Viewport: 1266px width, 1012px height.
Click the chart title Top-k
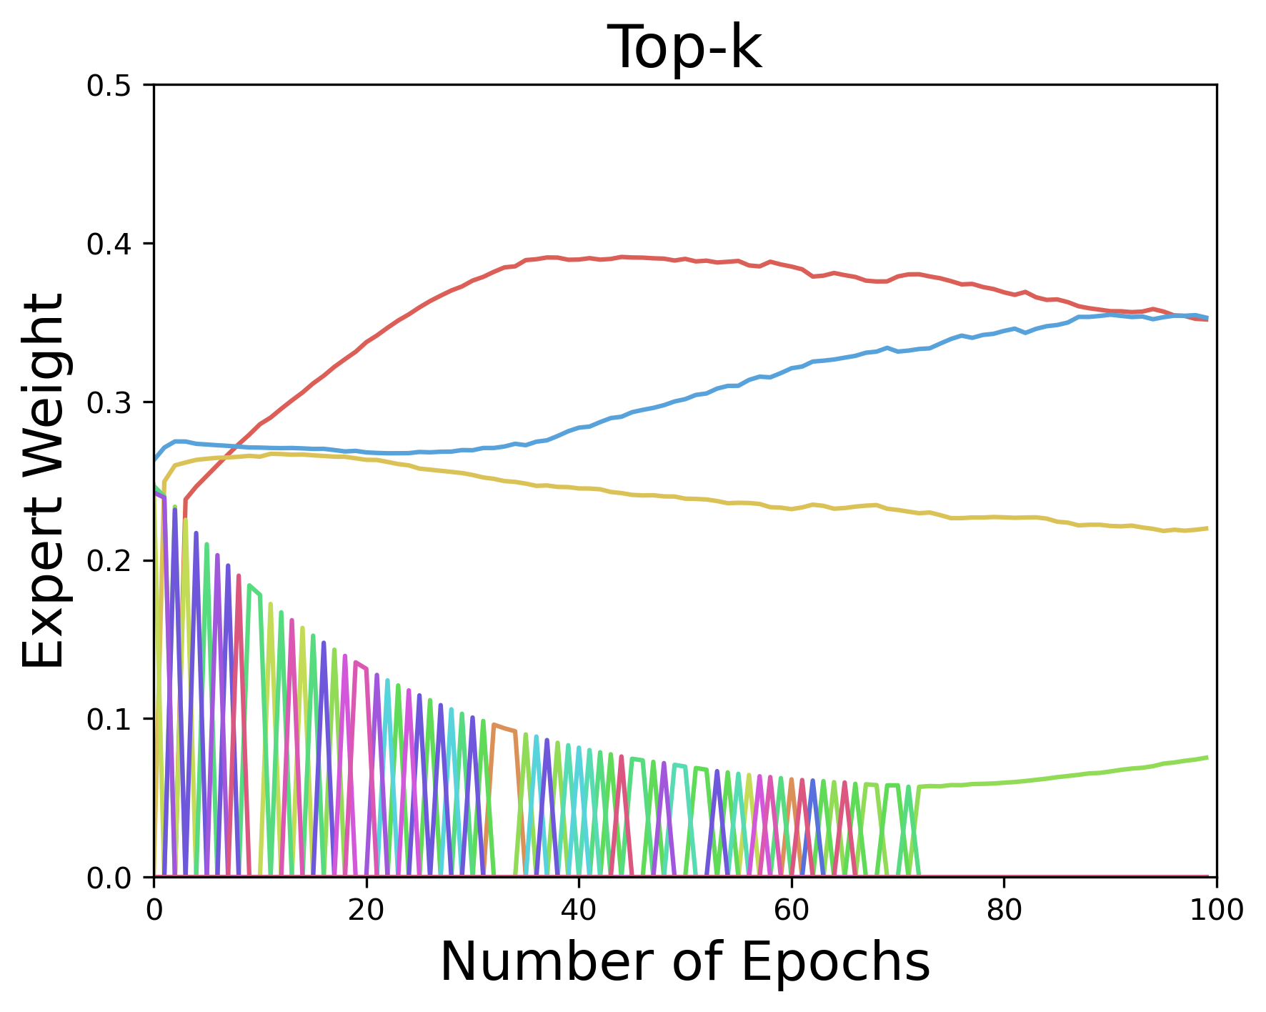tap(684, 47)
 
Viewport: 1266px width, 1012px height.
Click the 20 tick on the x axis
tap(366, 910)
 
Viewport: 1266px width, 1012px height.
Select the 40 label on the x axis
tap(579, 910)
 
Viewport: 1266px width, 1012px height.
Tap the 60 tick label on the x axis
tap(791, 910)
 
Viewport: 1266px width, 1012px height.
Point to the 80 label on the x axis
tap(1004, 910)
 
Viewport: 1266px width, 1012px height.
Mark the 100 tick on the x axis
tap(1216, 910)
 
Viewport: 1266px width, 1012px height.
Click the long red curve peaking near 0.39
tap(643, 258)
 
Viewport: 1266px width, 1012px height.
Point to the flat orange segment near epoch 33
tap(504, 728)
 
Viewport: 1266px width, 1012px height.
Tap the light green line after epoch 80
tap(1107, 772)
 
